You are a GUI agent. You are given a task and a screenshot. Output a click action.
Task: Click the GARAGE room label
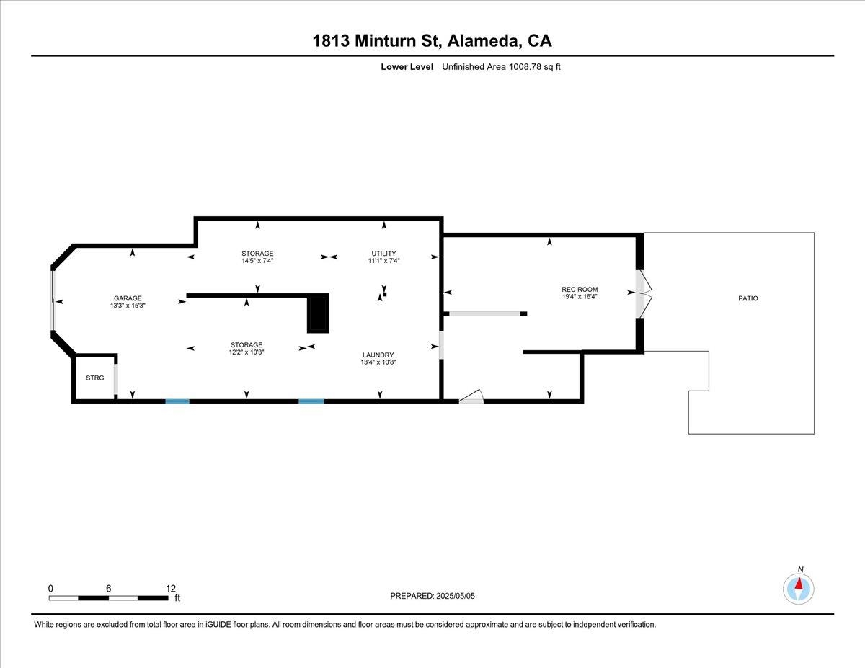coord(127,298)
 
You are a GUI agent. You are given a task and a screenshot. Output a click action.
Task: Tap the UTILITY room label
coord(383,253)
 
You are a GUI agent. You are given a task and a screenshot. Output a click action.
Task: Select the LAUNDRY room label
coord(378,355)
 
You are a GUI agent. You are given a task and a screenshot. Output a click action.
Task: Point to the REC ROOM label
coord(580,289)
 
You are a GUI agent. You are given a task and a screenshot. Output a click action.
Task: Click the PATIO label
coord(748,298)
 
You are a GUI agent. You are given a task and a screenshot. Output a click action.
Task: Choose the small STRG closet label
coord(94,378)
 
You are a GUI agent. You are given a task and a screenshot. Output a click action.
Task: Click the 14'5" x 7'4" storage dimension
coord(257,261)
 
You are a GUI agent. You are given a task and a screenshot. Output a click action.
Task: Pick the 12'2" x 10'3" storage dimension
coord(247,352)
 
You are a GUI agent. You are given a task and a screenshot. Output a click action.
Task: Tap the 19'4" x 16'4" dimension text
coord(580,296)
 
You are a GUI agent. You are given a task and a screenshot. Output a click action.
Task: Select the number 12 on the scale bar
coord(170,588)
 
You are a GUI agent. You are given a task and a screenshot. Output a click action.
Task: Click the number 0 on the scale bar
coord(50,588)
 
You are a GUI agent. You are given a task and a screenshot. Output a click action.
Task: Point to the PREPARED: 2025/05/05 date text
coord(433,596)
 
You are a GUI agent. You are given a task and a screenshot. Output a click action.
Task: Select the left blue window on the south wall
coord(177,401)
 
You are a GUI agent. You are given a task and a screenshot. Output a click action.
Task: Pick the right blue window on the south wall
coord(311,401)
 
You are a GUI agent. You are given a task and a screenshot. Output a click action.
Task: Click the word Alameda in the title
coord(483,41)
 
